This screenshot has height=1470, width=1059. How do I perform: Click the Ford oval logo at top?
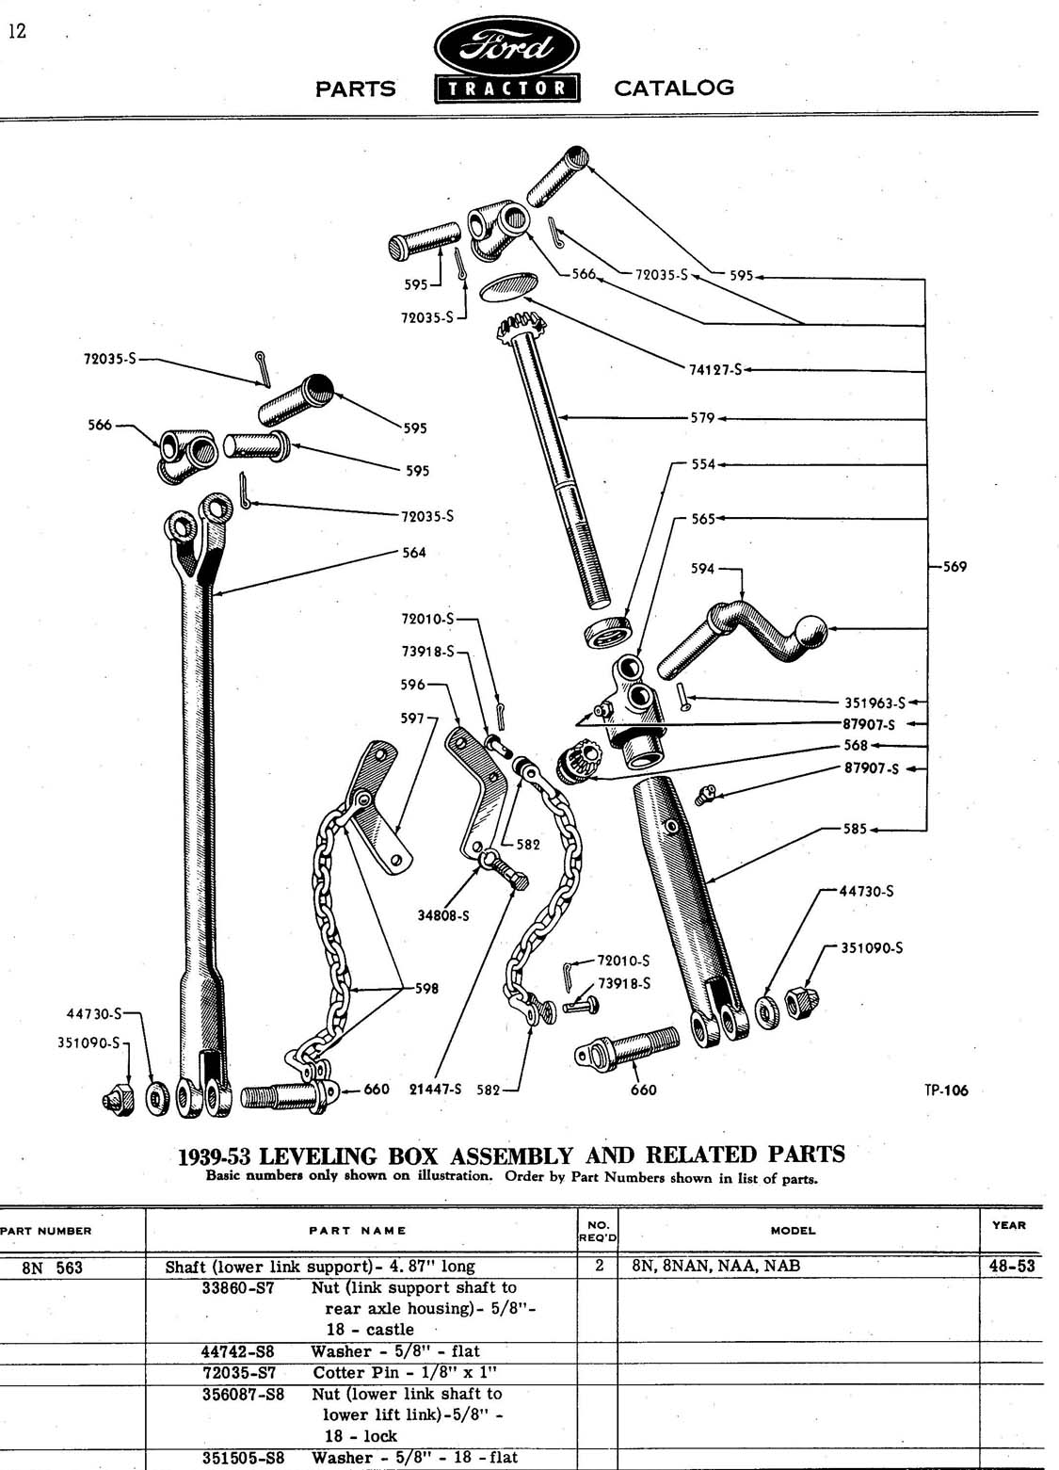click(x=506, y=46)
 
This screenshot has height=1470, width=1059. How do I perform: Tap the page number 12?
click(x=18, y=31)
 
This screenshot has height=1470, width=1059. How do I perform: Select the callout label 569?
click(x=954, y=567)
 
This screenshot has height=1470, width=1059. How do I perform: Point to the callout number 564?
click(x=414, y=553)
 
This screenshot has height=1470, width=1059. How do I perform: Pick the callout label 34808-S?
click(x=442, y=914)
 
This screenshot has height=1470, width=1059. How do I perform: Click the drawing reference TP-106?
click(x=945, y=1090)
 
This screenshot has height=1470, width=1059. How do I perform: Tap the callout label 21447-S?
click(x=435, y=1090)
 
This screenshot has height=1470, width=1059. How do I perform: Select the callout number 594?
click(x=702, y=569)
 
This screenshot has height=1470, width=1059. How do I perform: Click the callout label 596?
click(x=412, y=685)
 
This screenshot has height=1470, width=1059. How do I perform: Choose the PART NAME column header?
click(x=358, y=1230)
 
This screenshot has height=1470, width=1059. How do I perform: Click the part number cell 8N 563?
click(x=53, y=1268)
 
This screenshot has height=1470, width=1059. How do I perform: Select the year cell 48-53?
click(x=1012, y=1266)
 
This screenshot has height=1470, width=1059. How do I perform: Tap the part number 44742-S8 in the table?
click(x=238, y=1351)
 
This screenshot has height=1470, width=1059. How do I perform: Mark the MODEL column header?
click(x=793, y=1230)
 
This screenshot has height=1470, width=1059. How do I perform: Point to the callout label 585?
click(x=855, y=830)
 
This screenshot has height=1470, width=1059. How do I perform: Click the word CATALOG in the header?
click(x=673, y=88)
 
